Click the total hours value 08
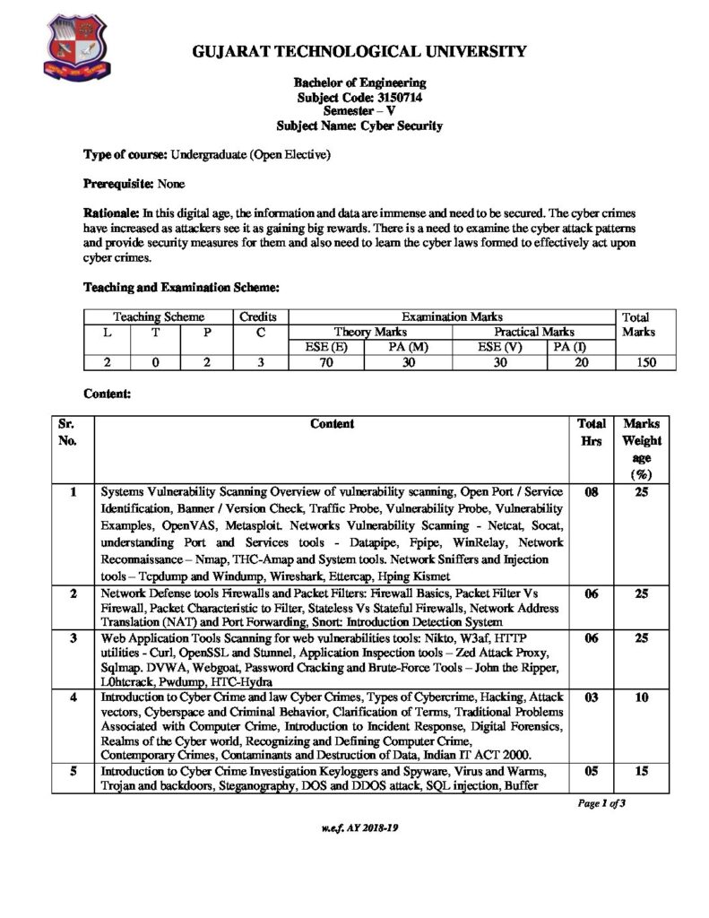pos(592,492)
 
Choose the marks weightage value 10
pos(642,697)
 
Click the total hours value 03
pos(592,697)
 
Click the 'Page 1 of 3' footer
pos(601,803)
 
